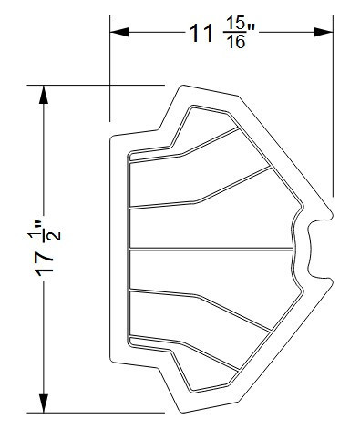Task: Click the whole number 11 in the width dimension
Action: click(201, 34)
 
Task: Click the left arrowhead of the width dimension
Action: click(117, 31)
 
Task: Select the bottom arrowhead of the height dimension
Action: click(42, 406)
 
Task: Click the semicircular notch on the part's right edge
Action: click(317, 249)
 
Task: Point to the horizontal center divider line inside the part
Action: click(210, 249)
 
